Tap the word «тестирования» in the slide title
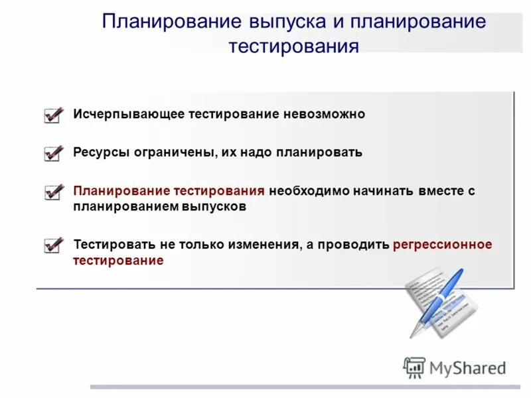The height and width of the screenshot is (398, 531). [293, 47]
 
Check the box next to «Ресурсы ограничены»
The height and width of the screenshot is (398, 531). [53, 153]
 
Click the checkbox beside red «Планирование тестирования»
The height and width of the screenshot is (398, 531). [53, 192]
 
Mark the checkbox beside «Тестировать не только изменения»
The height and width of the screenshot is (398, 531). [53, 245]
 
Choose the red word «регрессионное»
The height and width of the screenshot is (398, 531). [442, 245]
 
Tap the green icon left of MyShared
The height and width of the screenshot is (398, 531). [414, 367]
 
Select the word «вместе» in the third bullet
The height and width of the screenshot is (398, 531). [441, 191]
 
